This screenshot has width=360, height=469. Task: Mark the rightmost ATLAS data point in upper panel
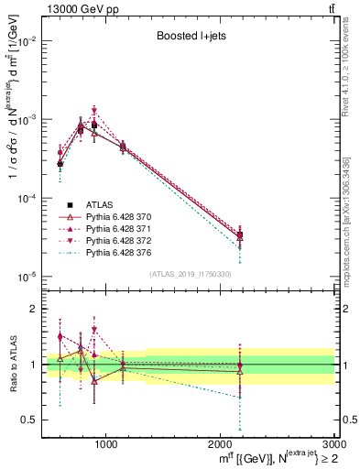pos(240,235)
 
